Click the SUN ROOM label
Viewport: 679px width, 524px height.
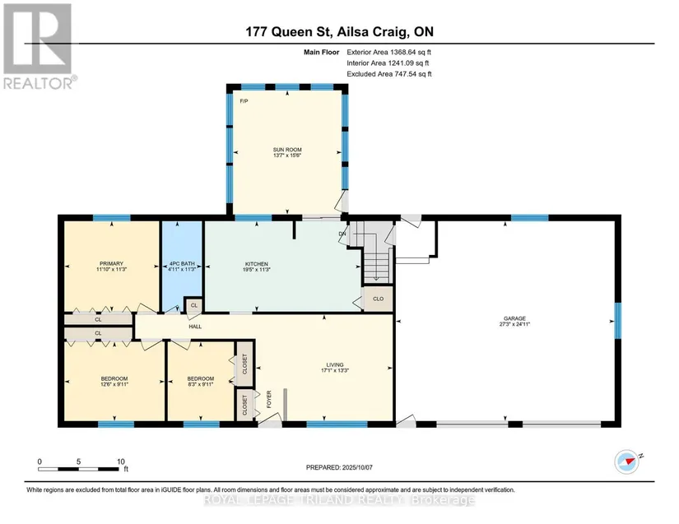coord(287,150)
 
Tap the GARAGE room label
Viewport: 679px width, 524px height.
coord(514,318)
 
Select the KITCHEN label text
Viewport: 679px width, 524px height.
coord(257,264)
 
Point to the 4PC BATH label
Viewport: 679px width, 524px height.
coord(182,264)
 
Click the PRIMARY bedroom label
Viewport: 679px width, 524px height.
coord(111,263)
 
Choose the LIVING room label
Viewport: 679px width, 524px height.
coord(335,364)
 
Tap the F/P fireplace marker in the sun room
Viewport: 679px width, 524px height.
coord(244,101)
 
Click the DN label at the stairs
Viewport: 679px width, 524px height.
coord(342,234)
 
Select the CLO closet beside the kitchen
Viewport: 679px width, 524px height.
coord(378,299)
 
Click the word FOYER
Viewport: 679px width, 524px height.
coord(268,400)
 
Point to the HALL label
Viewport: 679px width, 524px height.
coord(195,327)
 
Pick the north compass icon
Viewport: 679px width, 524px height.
coord(627,461)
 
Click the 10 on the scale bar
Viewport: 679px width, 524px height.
coord(121,461)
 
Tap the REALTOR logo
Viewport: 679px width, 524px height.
coord(39,46)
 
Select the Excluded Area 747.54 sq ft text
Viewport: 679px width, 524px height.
coord(388,74)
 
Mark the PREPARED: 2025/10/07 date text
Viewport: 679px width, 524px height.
coord(339,467)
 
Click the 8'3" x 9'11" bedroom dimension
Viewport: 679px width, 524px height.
coord(201,384)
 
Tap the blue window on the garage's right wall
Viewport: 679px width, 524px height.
coord(618,321)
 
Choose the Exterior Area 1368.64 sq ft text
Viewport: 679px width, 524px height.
coord(388,53)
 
